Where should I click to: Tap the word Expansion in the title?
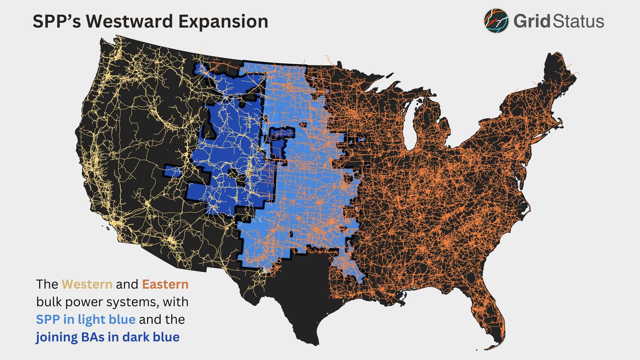click(223, 21)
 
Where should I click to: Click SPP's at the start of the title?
click(56, 21)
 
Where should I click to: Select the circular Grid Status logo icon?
click(496, 21)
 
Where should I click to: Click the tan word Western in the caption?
click(87, 284)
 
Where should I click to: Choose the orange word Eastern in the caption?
click(165, 284)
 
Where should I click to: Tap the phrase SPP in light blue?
click(85, 319)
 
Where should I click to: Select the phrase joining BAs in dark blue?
click(108, 337)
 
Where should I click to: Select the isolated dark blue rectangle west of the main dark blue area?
click(173, 172)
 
